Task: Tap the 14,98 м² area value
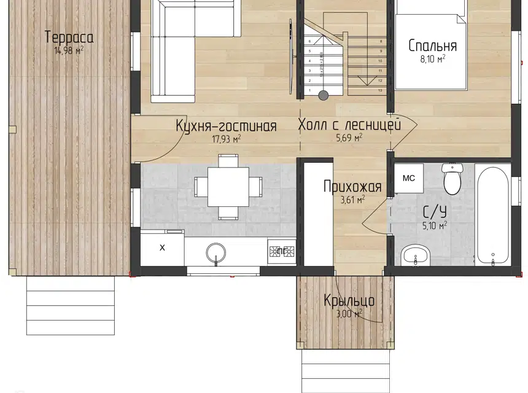[68, 50]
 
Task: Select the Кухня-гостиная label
[225, 126]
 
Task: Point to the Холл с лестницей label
[349, 125]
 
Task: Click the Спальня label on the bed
[433, 46]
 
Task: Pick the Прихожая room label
[352, 187]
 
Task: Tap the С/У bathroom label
[434, 212]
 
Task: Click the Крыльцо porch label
[349, 302]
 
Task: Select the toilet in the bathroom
[452, 179]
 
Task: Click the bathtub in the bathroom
[492, 212]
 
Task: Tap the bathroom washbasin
[416, 255]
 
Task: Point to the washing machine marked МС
[408, 178]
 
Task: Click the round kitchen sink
[216, 252]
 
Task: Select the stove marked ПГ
[281, 251]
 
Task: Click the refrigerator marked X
[162, 248]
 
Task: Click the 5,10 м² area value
[435, 225]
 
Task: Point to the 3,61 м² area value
[352, 199]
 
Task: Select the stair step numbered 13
[381, 90]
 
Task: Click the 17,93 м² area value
[225, 139]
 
